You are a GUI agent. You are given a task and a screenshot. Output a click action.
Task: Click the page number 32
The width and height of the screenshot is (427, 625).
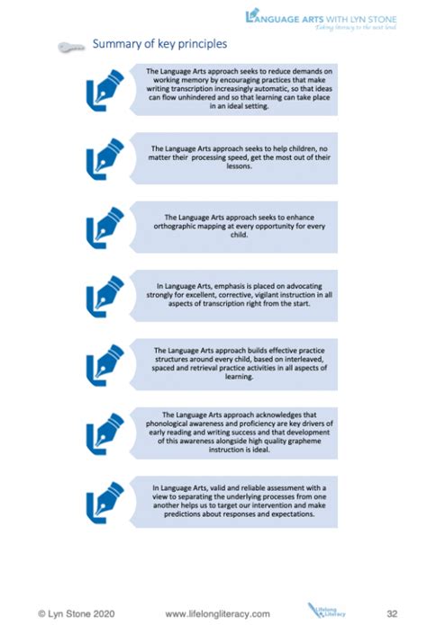point(392,612)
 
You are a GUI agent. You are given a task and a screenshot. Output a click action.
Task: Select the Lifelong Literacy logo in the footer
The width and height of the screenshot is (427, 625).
point(321,611)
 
